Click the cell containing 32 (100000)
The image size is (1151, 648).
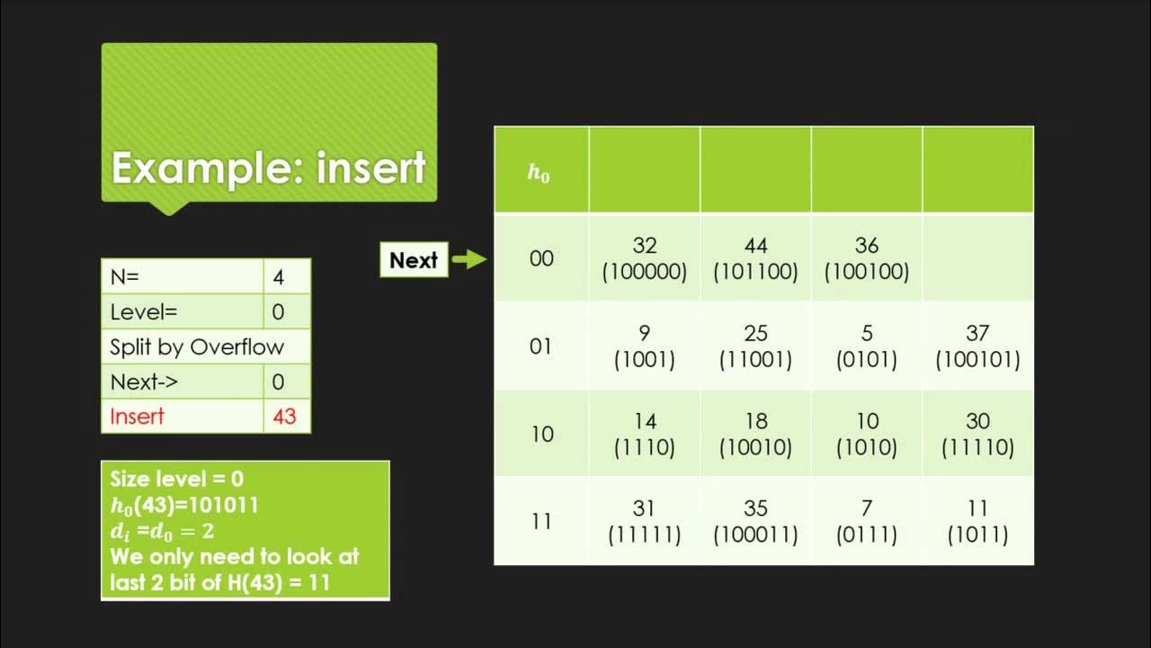tap(644, 258)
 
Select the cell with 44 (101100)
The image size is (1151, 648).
tap(755, 258)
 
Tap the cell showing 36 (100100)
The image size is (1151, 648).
tap(867, 258)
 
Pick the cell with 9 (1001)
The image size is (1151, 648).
tap(644, 346)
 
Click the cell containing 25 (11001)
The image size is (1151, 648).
tap(755, 346)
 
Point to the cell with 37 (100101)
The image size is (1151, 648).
tap(977, 346)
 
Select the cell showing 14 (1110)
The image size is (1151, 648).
tap(644, 434)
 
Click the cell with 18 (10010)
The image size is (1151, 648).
tap(755, 434)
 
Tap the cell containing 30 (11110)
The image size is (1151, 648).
tap(977, 434)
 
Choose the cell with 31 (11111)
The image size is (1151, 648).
tap(644, 521)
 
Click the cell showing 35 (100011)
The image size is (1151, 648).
tap(755, 521)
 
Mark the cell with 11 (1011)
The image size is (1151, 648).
tap(977, 521)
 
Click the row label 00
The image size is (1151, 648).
tap(541, 259)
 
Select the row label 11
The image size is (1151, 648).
tap(541, 522)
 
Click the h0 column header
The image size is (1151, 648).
tap(539, 173)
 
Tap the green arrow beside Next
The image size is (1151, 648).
tap(468, 260)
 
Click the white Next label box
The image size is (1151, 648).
tap(414, 260)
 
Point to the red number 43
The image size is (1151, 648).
tap(284, 417)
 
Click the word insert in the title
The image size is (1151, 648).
tap(370, 168)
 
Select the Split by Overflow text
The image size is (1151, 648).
tap(197, 347)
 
